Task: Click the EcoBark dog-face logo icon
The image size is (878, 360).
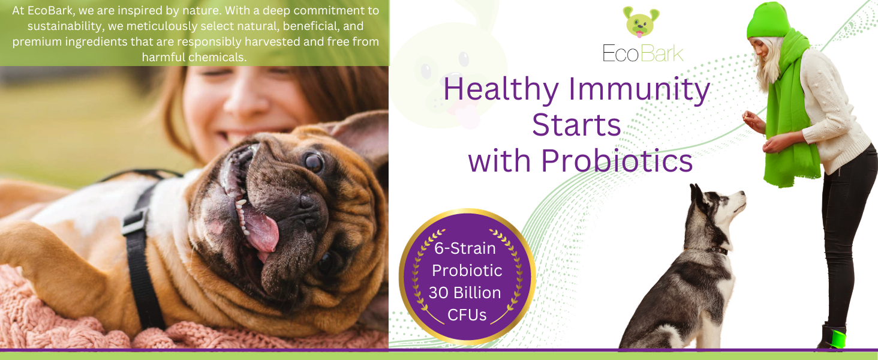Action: click(641, 22)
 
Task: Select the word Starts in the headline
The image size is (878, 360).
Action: click(576, 125)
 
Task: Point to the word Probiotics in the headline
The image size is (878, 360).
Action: click(617, 161)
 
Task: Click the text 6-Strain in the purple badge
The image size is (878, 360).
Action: click(465, 248)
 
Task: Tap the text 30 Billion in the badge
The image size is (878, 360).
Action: click(465, 293)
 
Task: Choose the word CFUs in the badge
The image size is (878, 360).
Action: click(467, 315)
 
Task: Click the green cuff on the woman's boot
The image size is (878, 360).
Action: click(838, 339)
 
